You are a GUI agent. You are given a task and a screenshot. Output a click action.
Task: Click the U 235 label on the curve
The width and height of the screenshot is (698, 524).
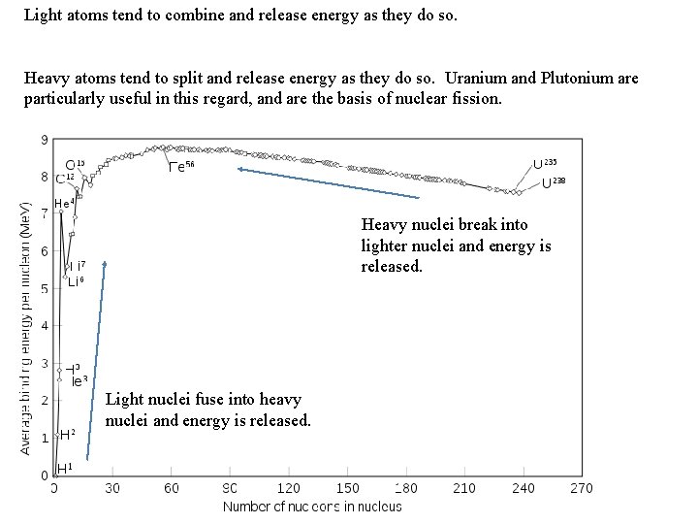pos(545,164)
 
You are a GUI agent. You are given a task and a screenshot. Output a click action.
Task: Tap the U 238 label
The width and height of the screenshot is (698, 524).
pos(554,182)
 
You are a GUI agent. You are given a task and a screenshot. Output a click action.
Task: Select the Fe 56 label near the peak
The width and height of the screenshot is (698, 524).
pos(181,166)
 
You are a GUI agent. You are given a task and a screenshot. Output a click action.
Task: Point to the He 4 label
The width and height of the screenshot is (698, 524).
pos(64,204)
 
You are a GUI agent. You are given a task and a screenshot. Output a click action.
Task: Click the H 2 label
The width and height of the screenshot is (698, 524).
pos(67,434)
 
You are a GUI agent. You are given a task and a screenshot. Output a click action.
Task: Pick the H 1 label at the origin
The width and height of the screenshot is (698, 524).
pos(65,469)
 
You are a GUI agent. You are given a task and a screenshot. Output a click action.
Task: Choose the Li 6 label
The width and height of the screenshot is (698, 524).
pos(76,282)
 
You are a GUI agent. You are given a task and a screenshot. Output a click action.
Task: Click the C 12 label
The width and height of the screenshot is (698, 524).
pos(64,179)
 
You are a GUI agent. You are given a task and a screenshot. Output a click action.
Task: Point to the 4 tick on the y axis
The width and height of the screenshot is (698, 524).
pos(45,325)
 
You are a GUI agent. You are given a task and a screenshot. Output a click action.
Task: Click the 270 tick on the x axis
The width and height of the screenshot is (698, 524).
pos(582,488)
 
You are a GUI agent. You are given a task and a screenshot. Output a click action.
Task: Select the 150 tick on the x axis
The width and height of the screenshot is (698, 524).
pos(347,488)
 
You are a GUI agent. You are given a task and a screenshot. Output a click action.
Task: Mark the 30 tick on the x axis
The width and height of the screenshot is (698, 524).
pos(112,488)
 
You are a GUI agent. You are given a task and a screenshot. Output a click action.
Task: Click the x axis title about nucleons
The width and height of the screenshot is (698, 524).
pos(312,506)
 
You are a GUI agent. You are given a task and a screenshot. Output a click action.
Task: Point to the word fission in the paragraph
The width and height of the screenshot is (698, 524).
pos(480,99)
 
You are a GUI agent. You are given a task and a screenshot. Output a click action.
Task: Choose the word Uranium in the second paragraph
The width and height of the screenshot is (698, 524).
pos(471,79)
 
